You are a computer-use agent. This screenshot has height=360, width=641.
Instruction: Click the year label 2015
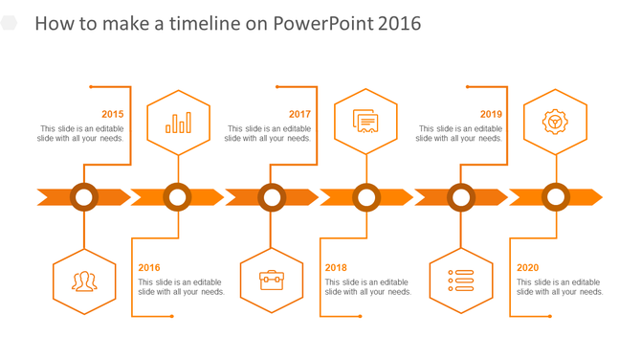(x=112, y=114)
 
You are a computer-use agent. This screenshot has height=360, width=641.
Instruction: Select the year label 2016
(x=149, y=268)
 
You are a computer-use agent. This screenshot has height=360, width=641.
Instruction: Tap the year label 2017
(x=299, y=114)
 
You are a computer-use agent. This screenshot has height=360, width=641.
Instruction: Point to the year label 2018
(x=336, y=268)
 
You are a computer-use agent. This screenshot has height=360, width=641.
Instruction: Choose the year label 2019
(x=491, y=114)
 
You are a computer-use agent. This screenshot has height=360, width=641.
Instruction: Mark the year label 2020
(x=528, y=268)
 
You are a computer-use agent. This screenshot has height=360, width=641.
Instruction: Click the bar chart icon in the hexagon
(x=178, y=123)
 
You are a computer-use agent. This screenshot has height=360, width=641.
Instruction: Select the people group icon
(x=84, y=281)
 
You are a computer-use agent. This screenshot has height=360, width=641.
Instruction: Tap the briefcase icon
(x=272, y=281)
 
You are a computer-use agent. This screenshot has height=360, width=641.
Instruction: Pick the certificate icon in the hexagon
(x=365, y=122)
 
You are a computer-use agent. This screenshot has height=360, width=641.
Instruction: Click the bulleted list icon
(x=461, y=281)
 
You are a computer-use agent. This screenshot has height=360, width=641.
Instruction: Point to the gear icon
(x=555, y=122)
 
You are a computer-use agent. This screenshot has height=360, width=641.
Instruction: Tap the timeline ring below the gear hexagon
(x=555, y=197)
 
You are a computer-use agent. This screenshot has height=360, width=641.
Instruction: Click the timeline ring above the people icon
(x=84, y=197)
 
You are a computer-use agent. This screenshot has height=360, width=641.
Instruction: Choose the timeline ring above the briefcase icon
(x=272, y=197)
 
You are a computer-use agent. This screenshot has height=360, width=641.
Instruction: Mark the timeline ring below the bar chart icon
(x=177, y=197)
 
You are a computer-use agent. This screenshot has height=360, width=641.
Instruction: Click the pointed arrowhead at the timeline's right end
(x=594, y=197)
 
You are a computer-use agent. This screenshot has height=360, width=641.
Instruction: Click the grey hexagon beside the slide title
(x=10, y=23)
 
